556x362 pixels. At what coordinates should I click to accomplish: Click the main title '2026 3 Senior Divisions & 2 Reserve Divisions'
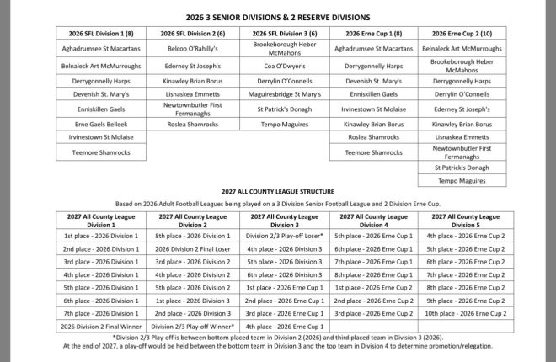click(277, 16)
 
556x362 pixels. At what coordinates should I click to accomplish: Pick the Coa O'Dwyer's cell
click(277, 65)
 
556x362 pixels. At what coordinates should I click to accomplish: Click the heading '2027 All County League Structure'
click(277, 192)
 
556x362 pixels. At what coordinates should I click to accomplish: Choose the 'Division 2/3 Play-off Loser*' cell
click(277, 236)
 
